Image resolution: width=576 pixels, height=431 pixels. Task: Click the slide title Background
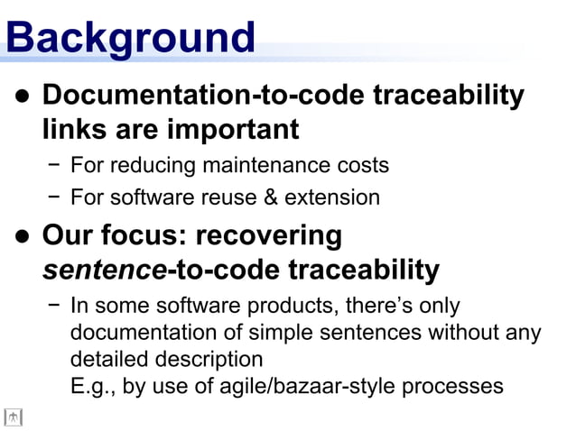click(130, 38)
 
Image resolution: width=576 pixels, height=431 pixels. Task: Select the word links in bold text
click(74, 130)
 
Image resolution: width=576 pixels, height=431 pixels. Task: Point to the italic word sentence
click(103, 270)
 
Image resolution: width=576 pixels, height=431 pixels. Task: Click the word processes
click(452, 386)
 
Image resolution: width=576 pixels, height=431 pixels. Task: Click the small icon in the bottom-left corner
click(13, 417)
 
